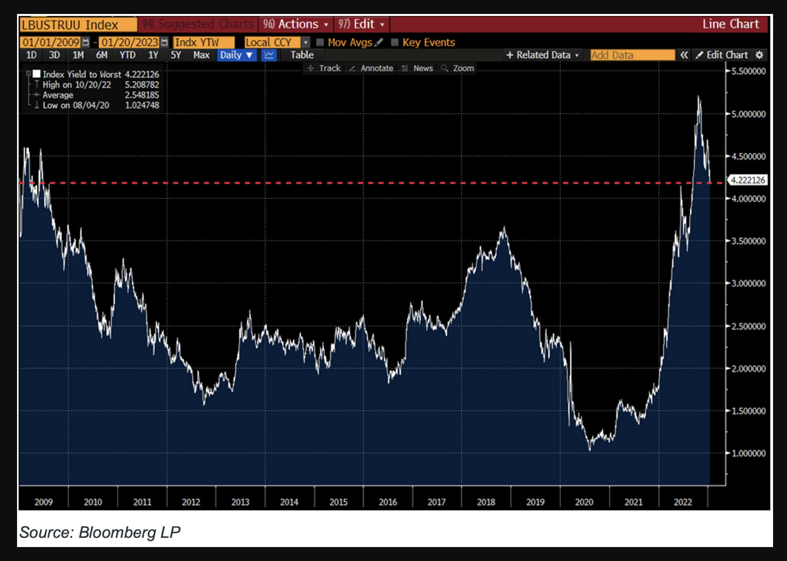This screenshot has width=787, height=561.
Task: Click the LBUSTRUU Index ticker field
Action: (77, 25)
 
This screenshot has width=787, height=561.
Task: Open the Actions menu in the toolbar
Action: (296, 24)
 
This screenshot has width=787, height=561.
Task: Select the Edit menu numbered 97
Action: (361, 24)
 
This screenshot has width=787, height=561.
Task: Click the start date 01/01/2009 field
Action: (51, 42)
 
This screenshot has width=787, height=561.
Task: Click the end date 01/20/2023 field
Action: (129, 42)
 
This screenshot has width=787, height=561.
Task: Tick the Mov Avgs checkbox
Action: (320, 42)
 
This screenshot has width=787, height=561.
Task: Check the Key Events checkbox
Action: (395, 42)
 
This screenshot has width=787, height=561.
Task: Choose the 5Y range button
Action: (176, 55)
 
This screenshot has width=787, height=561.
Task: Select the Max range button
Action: (201, 55)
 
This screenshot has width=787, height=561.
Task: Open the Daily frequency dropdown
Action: (237, 55)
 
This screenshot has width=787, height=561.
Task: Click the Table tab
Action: (302, 55)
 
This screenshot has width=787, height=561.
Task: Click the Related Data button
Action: (542, 55)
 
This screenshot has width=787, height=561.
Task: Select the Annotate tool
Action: (372, 68)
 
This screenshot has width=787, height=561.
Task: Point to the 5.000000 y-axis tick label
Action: (748, 114)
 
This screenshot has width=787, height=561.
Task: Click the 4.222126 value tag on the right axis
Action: (748, 180)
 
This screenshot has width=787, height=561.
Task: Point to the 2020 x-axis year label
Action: (584, 502)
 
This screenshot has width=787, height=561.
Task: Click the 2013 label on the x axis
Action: (240, 502)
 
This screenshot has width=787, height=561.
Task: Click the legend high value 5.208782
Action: (142, 85)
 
